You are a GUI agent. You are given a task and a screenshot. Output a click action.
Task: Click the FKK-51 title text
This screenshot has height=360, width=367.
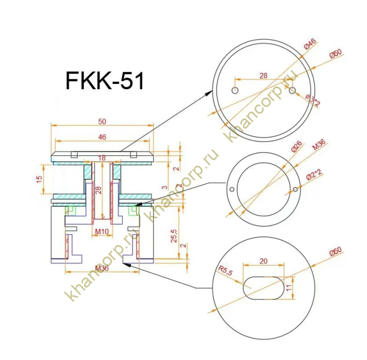(104, 81)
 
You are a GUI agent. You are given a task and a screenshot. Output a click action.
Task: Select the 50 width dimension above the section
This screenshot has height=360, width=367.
(102, 122)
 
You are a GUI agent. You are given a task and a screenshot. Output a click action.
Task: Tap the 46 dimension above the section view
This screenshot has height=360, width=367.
(102, 137)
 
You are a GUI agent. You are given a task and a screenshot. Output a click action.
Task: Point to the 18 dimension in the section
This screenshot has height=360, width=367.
(102, 158)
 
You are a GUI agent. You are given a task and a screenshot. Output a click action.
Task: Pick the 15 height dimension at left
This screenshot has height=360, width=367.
(39, 179)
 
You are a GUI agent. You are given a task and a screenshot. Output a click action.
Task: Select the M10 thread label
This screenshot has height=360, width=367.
(102, 231)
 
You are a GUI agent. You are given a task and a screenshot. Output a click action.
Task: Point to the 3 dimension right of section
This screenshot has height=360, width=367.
(164, 187)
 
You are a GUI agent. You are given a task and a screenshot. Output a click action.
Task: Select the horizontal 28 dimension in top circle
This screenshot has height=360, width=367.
(263, 76)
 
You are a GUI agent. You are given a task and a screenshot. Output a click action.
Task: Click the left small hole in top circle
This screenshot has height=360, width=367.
(234, 91)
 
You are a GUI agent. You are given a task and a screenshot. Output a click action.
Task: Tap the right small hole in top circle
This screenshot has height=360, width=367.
(292, 91)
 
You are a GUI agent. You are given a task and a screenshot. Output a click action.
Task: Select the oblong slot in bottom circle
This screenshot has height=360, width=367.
(263, 288)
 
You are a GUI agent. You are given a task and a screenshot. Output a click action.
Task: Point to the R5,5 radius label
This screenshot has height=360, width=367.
(225, 271)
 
